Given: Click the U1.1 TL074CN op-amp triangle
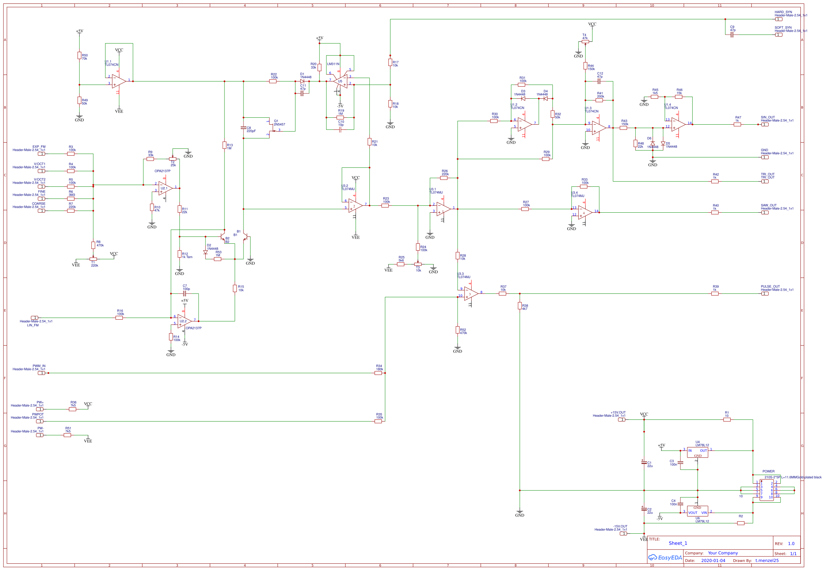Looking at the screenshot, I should (x=118, y=81).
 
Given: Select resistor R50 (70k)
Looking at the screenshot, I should (x=79, y=56).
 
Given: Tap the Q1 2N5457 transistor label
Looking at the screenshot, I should (x=279, y=123).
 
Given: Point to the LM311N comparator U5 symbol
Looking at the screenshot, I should (x=340, y=81).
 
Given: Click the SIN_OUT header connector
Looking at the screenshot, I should (x=765, y=125).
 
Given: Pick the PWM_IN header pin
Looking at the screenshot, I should (x=41, y=373).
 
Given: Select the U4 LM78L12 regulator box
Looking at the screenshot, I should (x=697, y=453).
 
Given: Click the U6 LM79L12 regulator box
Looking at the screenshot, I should (x=697, y=511).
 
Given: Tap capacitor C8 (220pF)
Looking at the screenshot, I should (x=243, y=128).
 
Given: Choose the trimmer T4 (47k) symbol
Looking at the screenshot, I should (x=585, y=41).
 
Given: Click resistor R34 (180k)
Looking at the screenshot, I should (x=378, y=373).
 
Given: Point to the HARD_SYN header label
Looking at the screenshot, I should (x=783, y=12).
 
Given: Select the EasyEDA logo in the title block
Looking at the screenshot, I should (x=665, y=558).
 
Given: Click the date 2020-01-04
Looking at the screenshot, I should (x=713, y=561).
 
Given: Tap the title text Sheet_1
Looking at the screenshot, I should (x=678, y=543).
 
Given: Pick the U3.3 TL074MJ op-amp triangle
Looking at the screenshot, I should (x=471, y=294).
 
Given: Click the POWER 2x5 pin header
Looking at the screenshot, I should (x=766, y=491).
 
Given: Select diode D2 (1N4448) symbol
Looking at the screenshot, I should (x=205, y=252).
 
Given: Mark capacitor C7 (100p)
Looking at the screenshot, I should (x=185, y=294).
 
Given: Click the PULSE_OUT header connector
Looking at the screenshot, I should (x=765, y=294).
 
